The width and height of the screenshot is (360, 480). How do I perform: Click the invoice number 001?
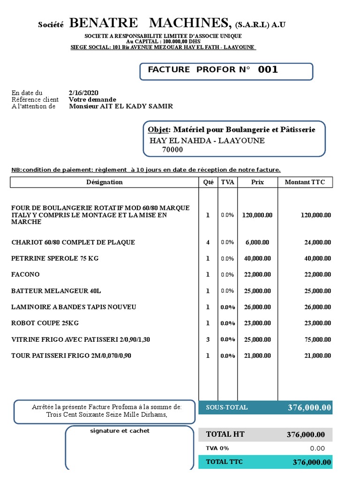(268, 70)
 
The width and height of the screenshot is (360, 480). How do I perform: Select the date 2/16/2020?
(83, 93)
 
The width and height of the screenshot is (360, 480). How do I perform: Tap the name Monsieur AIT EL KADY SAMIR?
(121, 106)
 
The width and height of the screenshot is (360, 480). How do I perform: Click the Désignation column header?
(105, 182)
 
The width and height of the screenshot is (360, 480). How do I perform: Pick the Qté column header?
(208, 182)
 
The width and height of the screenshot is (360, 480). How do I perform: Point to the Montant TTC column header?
(305, 182)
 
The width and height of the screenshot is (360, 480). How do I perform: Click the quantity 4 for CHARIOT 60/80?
(208, 242)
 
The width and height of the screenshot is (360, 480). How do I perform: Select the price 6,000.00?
(257, 242)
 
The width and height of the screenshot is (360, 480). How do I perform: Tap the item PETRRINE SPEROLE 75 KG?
(55, 258)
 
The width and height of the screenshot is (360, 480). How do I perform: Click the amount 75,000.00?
(318, 339)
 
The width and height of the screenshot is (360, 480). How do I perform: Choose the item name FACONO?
(25, 274)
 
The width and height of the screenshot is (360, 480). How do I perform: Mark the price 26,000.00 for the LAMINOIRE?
(257, 307)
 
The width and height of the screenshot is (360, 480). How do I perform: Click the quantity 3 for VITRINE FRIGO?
(208, 339)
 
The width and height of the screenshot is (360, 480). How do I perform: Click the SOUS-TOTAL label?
(227, 408)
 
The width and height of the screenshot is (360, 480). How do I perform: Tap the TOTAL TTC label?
(225, 462)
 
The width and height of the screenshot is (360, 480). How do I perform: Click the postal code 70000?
(172, 150)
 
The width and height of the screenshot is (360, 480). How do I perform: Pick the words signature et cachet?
(120, 431)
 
